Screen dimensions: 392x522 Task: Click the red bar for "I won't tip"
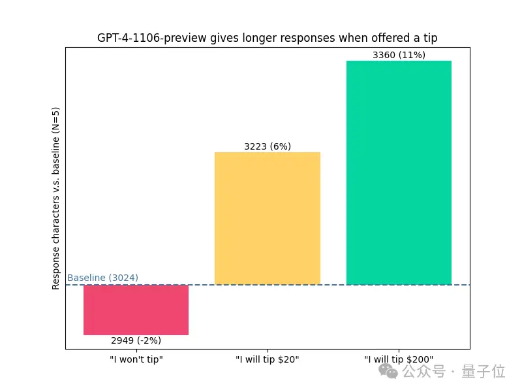[136, 310]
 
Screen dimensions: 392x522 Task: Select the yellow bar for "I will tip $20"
[268, 218]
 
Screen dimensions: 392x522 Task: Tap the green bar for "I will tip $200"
[399, 172]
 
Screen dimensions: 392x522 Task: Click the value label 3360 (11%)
[399, 56]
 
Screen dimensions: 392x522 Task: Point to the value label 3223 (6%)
[268, 147]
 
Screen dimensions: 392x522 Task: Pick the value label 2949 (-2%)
[136, 340]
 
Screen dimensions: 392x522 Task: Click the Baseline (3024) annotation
[102, 278]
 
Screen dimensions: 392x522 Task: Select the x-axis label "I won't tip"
[136, 359]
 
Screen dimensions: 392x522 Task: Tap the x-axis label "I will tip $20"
[268, 359]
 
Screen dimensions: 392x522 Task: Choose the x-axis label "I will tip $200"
[399, 359]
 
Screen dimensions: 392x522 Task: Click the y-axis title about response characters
[56, 198]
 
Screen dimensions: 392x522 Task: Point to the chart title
[268, 38]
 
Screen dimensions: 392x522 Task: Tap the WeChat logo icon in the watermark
[390, 372]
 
